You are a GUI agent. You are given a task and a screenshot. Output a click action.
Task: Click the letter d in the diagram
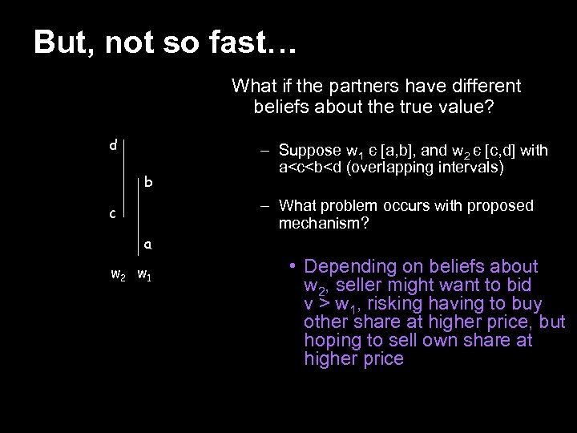pos(114,145)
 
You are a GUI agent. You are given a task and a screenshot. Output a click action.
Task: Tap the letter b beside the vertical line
pos(148,182)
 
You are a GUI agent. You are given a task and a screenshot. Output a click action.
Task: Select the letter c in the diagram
pos(114,214)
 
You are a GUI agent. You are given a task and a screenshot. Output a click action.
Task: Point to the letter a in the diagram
pos(148,244)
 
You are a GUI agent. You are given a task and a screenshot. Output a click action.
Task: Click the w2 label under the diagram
pos(117,276)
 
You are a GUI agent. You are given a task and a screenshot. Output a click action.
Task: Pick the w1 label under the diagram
pos(145,276)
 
